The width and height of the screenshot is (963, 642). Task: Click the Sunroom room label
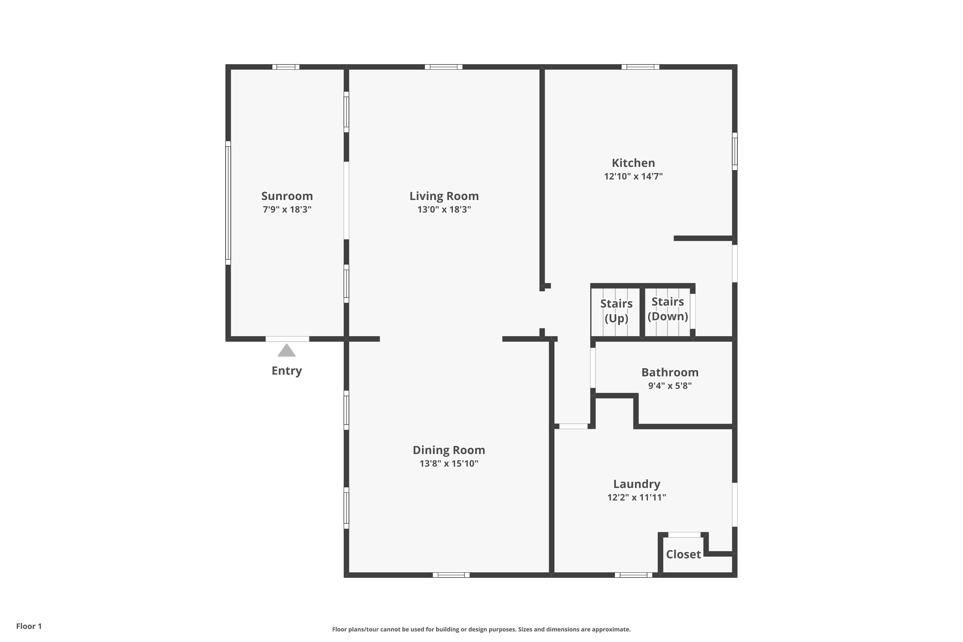(x=287, y=196)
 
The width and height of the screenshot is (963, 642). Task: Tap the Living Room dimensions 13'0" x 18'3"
(x=444, y=210)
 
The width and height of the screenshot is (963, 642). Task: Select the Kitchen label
(x=633, y=163)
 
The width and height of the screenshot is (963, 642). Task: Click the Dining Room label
(x=449, y=450)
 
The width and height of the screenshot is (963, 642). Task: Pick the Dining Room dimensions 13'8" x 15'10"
(x=449, y=464)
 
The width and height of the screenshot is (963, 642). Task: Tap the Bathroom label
(x=670, y=373)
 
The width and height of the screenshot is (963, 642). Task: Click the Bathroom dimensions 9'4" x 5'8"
(x=670, y=386)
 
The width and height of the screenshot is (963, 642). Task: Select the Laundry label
(x=637, y=484)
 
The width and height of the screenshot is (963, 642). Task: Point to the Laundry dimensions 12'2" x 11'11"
(x=637, y=498)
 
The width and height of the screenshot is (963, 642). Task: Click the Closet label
(x=683, y=554)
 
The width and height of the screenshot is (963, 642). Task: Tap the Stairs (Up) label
(x=616, y=311)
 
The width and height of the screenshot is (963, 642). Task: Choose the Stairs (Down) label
(x=667, y=309)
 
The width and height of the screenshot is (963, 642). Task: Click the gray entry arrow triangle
(x=287, y=351)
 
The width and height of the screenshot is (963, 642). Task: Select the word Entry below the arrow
(x=287, y=371)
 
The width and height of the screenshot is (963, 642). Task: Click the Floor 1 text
(x=29, y=626)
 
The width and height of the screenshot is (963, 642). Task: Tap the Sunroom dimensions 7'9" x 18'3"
(x=287, y=210)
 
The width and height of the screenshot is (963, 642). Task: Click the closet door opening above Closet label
(x=684, y=535)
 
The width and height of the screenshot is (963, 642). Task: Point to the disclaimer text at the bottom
(x=481, y=629)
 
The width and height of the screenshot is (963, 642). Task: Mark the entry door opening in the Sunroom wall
(x=287, y=339)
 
